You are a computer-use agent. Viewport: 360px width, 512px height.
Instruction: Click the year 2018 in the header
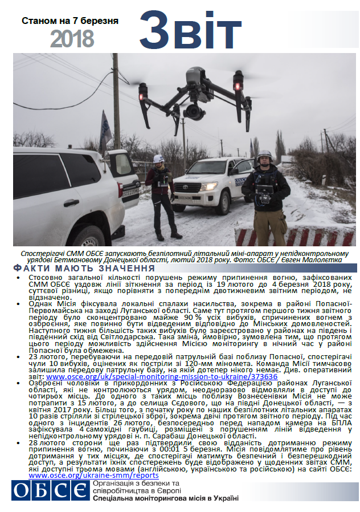tap(72, 39)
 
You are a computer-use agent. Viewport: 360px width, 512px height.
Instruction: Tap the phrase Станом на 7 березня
tap(70, 21)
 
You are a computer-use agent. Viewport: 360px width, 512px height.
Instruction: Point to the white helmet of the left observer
tap(159, 159)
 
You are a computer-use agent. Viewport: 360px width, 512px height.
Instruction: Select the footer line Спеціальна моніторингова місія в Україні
tap(165, 498)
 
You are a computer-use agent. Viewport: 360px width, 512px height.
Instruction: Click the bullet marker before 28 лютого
tap(18, 442)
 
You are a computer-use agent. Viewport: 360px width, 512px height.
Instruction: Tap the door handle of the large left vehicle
tap(71, 202)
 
